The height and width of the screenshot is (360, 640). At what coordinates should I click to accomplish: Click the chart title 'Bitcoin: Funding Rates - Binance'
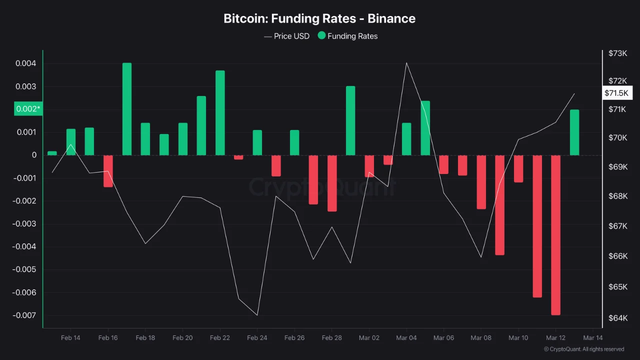point(319,18)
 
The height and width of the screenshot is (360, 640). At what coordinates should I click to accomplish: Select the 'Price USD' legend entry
point(286,36)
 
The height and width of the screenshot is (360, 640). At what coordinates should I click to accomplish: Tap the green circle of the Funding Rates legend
point(321,35)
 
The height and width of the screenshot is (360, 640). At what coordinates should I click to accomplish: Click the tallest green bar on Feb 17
point(127,109)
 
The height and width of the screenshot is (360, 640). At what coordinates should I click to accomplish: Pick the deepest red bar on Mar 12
point(555,235)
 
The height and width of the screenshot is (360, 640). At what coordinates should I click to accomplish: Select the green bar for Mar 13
point(574,132)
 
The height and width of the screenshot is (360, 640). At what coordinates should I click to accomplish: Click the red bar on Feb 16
point(108,171)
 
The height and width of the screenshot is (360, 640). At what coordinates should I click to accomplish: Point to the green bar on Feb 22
point(220,113)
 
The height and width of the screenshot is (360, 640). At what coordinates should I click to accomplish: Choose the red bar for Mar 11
point(537,226)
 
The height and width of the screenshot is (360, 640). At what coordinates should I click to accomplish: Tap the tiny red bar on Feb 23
point(238,157)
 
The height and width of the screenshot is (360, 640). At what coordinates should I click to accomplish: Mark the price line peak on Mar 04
point(406,63)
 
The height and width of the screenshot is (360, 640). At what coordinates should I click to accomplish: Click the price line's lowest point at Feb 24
point(257,315)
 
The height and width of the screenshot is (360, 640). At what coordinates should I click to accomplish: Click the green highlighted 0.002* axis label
point(28,109)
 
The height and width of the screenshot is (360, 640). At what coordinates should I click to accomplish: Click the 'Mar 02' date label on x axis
point(369,338)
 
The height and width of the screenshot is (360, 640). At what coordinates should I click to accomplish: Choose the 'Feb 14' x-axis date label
point(70,338)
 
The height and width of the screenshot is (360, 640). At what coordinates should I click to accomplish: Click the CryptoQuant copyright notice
point(583,349)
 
